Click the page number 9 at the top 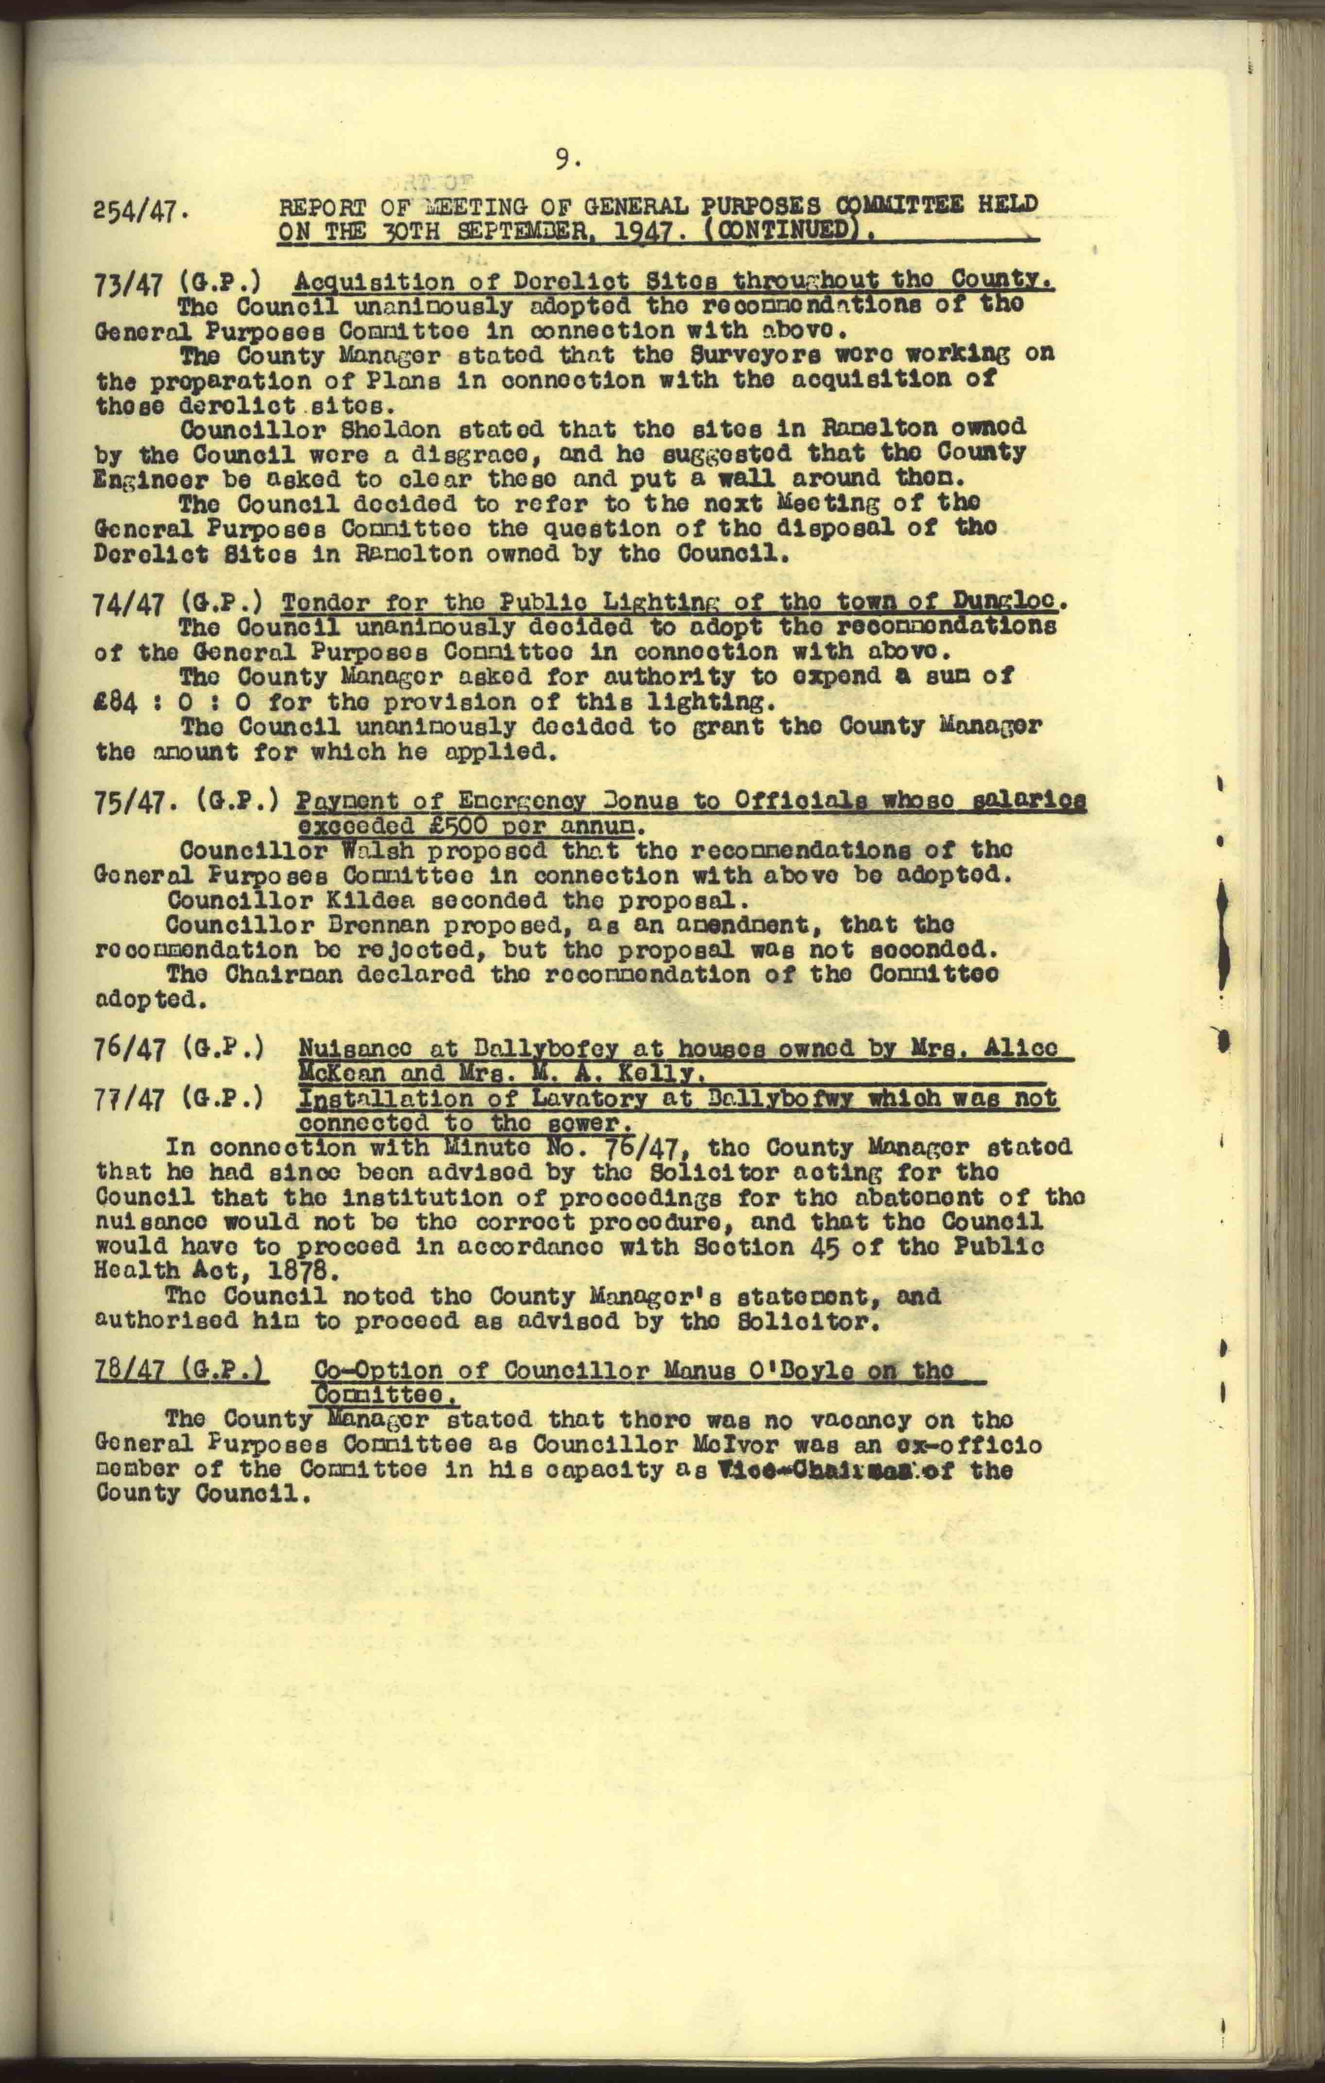click(x=563, y=158)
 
